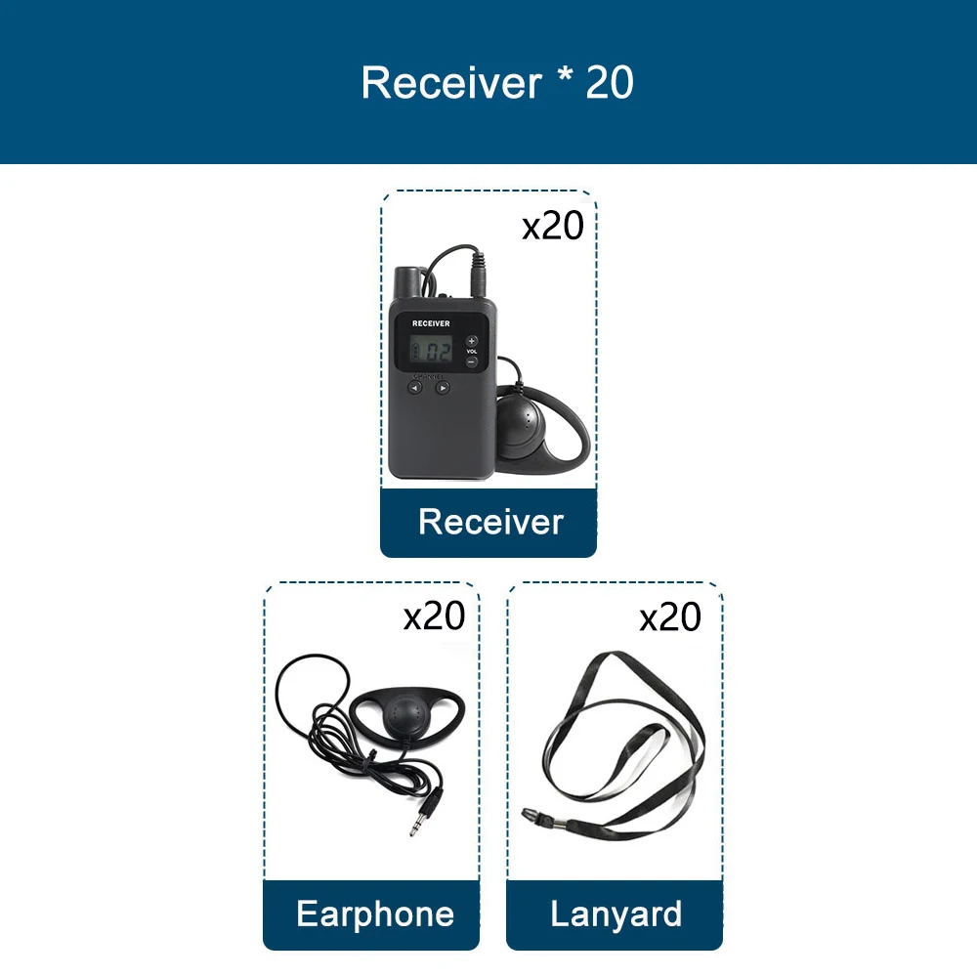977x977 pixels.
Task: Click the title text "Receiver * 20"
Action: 497,83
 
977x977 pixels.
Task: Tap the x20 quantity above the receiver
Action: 552,226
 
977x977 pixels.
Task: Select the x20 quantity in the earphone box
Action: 435,616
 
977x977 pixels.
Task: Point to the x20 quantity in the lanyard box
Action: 670,617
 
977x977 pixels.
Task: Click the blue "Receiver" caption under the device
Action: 490,522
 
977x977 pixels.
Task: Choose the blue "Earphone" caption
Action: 375,914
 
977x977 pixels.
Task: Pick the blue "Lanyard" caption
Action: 616,914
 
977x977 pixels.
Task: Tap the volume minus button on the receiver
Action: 471,362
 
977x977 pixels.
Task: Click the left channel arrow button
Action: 414,387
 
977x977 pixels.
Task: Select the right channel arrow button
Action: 443,387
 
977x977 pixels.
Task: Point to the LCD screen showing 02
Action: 431,350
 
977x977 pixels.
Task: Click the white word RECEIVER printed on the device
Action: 431,322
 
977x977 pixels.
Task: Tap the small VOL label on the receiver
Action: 471,352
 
